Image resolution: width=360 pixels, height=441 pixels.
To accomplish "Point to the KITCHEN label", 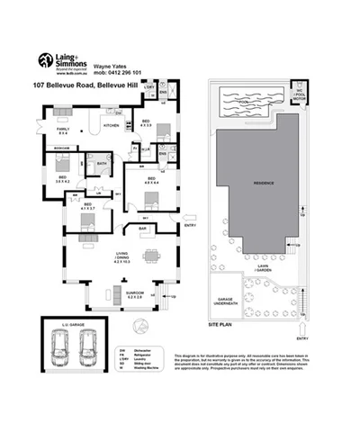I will [x=112, y=126].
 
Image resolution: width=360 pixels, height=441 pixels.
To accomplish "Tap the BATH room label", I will [x=101, y=163].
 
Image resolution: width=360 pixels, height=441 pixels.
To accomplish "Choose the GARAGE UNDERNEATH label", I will [x=220, y=303].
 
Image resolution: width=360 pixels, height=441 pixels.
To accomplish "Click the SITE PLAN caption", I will [x=220, y=320].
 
